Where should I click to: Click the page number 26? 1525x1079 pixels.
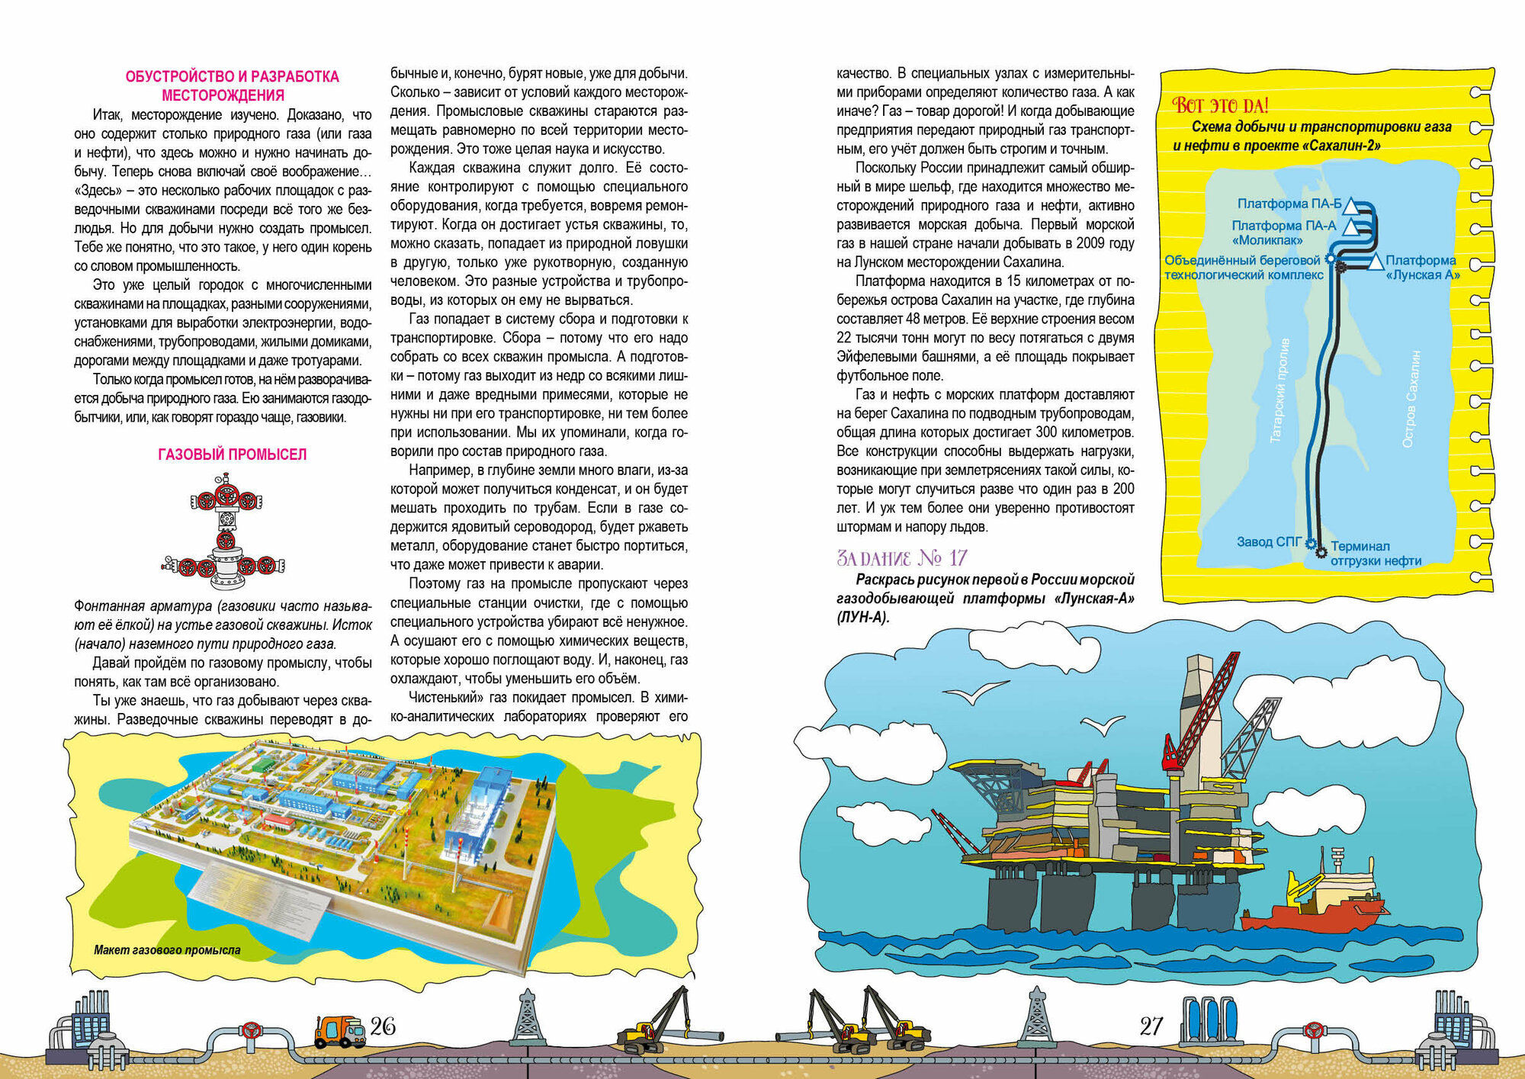pos(383,1026)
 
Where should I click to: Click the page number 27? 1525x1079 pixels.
pos(1151,1026)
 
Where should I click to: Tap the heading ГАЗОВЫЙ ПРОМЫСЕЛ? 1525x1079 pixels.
pos(232,454)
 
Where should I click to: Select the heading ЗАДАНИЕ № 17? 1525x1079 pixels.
pos(902,558)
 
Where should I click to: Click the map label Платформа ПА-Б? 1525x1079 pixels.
pos(1289,204)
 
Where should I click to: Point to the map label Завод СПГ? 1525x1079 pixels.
pos(1269,542)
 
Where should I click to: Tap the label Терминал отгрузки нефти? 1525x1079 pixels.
pos(1376,554)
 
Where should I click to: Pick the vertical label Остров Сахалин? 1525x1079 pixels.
pos(1411,399)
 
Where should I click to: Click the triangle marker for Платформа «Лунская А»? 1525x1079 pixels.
pos(1375,262)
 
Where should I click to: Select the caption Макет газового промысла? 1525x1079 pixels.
pos(167,950)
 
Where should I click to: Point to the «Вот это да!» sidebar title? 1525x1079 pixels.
pos(1220,105)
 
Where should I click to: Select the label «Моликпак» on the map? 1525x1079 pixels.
pos(1267,240)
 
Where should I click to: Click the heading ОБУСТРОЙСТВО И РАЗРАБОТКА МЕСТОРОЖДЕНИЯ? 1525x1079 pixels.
pos(232,85)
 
